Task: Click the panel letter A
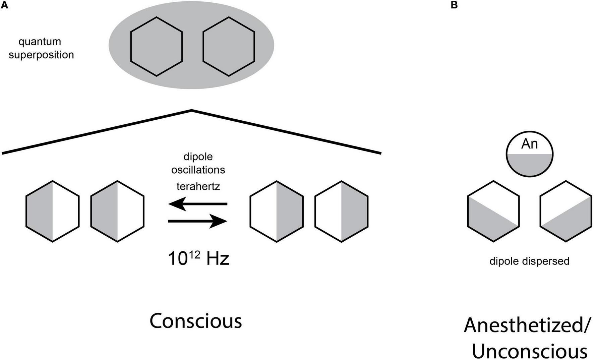pos(4,5)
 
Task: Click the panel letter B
pos(454,5)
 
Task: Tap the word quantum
pos(40,42)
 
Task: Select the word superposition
pos(41,55)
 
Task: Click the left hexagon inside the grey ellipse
pos(156,47)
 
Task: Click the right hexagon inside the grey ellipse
pos(229,47)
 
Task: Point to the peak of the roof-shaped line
pos(192,110)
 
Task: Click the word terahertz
pos(198,186)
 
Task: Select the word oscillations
pos(198,170)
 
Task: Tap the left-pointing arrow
pos(197,204)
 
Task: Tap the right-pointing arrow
pos(197,221)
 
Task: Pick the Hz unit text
pos(218,259)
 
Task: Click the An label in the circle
pos(529,144)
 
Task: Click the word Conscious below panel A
pos(195,321)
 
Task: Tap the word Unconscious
pos(529,351)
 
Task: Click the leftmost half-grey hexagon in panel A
pos(53,211)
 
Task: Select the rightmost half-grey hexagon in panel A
pos(341,211)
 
